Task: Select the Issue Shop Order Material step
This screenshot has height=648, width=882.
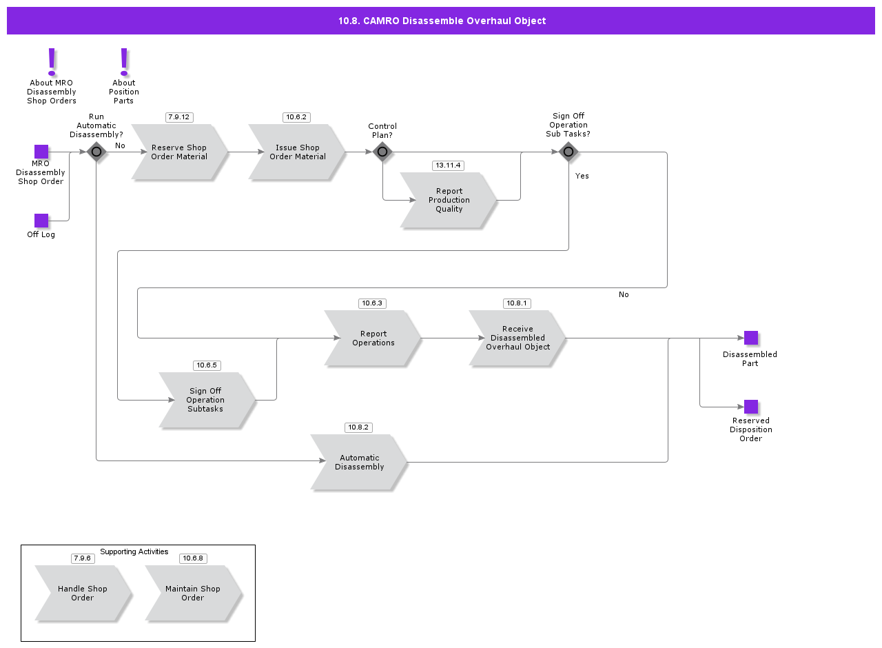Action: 297,152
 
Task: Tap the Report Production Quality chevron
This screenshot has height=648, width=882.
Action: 449,201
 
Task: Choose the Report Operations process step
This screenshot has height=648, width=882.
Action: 373,338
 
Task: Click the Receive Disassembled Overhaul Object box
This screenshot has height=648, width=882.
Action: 517,338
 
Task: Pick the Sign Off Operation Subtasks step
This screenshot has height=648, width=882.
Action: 206,400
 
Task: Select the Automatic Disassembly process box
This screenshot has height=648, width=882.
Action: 359,463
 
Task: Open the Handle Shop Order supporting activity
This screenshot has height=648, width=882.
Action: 83,594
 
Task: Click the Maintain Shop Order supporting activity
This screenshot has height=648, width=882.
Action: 193,594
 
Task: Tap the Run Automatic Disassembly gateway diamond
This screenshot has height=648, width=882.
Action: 96,152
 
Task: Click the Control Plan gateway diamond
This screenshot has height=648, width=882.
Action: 382,152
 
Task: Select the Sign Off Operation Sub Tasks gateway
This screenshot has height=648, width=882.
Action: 568,152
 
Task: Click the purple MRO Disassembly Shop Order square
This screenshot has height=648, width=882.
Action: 41,152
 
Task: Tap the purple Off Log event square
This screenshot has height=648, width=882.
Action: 41,221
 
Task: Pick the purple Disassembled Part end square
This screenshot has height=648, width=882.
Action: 751,338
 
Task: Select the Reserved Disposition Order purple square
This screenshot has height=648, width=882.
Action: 751,407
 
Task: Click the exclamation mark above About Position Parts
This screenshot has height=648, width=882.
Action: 124,61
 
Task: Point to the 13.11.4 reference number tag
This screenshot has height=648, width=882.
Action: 448,165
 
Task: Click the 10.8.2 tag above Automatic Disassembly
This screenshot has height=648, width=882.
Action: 358,427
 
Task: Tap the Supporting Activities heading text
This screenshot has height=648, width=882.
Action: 134,551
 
